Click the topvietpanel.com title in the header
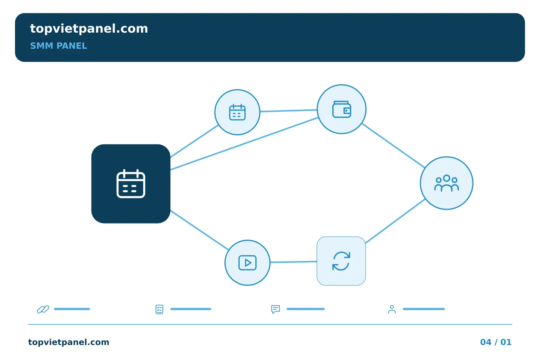coord(89,29)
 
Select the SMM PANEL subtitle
coord(58,46)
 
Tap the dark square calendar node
coord(130,184)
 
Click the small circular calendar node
coord(237,112)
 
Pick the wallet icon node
coord(342,109)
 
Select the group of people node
coord(447,183)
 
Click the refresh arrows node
coord(341,261)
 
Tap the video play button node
coord(247,263)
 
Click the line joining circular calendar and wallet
coord(289,111)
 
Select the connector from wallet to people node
coord(393,145)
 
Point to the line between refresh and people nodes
coord(395,221)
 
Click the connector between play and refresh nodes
coord(293,262)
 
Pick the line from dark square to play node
coord(199,230)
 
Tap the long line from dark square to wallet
coord(244,144)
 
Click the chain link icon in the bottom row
coord(43,309)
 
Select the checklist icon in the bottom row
coord(159,309)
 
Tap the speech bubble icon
coord(276,309)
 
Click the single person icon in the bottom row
coord(392,309)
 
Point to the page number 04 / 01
coord(496,342)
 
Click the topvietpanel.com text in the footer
coord(69,342)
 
